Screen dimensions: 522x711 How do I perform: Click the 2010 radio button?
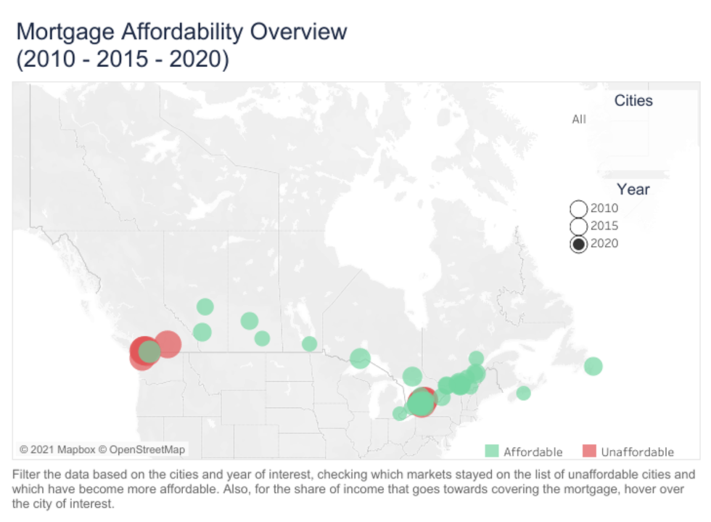pos(578,209)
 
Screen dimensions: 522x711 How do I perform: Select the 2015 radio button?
pos(578,227)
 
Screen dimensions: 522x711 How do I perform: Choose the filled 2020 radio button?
pos(578,244)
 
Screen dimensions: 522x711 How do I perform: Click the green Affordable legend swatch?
pos(492,452)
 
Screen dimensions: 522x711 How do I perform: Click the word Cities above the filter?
pos(633,101)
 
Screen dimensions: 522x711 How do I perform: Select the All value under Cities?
pos(579,119)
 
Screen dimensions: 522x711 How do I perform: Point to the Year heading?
pos(633,189)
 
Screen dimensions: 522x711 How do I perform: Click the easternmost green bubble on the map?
pos(593,366)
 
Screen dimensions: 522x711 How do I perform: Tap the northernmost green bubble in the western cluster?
pos(205,307)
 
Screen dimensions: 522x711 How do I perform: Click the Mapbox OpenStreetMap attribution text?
pos(102,449)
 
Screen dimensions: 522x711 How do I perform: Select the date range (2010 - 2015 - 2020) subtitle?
pos(122,60)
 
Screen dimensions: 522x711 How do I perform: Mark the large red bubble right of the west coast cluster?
pos(168,344)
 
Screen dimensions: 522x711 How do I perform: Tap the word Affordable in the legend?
pos(533,452)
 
